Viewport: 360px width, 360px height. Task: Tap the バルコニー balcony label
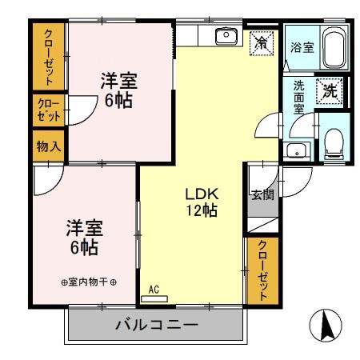click(155, 326)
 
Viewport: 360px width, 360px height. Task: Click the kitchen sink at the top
click(228, 35)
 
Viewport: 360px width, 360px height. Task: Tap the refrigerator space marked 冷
click(262, 42)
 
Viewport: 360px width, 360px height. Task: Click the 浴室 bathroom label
click(302, 48)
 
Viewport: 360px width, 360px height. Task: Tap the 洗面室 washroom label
click(298, 95)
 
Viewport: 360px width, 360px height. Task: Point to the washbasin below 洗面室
click(298, 150)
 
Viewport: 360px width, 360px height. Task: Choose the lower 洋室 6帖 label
click(82, 238)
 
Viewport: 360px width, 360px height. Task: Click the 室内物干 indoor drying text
click(89, 282)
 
